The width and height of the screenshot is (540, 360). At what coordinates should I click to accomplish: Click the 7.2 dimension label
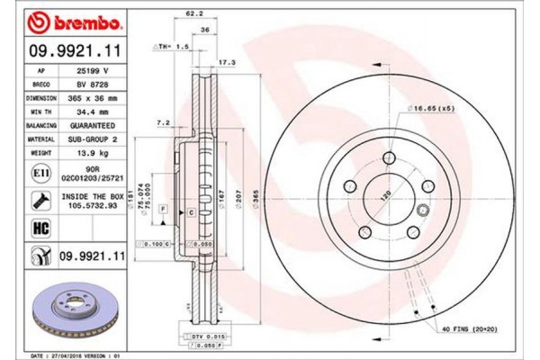(164, 121)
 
